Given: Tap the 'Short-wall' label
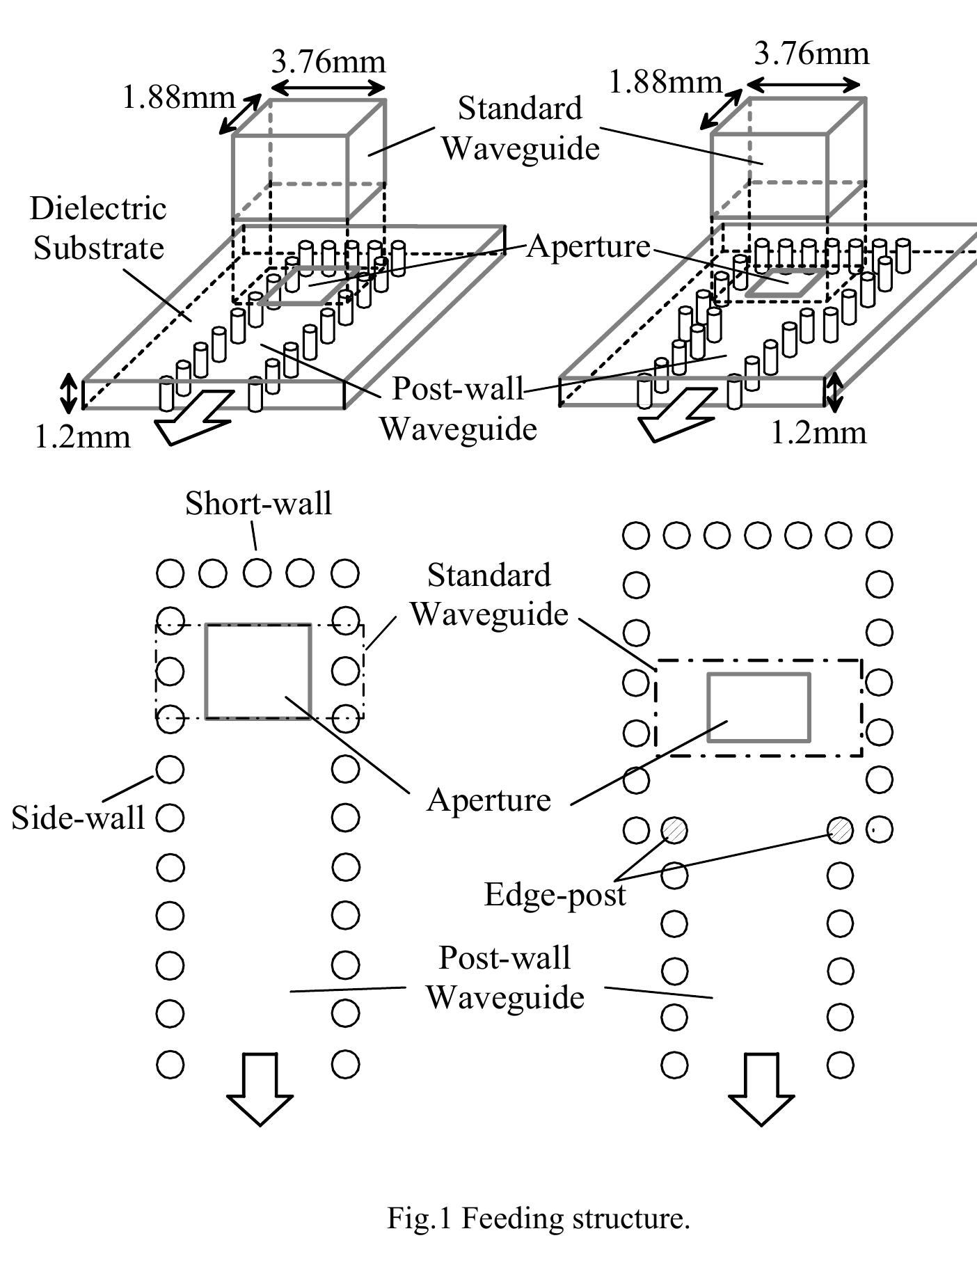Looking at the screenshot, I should pyautogui.click(x=258, y=503).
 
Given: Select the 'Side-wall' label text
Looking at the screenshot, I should pyautogui.click(x=78, y=817).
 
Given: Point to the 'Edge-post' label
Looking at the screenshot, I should pyautogui.click(x=555, y=894).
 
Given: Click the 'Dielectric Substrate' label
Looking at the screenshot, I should pyautogui.click(x=98, y=228).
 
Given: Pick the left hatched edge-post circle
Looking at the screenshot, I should pyautogui.click(x=674, y=830).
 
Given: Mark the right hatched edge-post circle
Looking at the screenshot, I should pyautogui.click(x=841, y=830).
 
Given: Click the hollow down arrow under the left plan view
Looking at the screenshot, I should pyautogui.click(x=260, y=1087).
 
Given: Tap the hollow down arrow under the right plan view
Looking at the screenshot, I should pyautogui.click(x=761, y=1087).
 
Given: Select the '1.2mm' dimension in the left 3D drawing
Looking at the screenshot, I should pyautogui.click(x=83, y=437).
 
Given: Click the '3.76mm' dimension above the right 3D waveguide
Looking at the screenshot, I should pyautogui.click(x=811, y=53).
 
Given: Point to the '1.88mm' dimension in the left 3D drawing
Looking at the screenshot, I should pyautogui.click(x=178, y=97).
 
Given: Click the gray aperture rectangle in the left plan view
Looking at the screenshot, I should pyautogui.click(x=258, y=671).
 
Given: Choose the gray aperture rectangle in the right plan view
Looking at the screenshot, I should pyautogui.click(x=758, y=706).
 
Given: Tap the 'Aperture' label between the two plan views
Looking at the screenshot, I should pyautogui.click(x=488, y=800).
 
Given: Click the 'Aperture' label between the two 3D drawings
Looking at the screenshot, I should pyautogui.click(x=588, y=246).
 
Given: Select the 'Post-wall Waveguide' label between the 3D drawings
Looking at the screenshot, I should pyautogui.click(x=458, y=408).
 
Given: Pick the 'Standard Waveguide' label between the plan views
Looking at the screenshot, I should pyautogui.click(x=488, y=594).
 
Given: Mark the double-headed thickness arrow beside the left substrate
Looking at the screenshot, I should pyautogui.click(x=68, y=393).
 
